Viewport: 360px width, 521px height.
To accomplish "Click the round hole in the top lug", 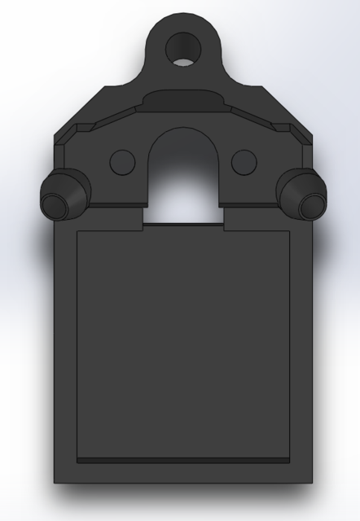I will coord(182,48).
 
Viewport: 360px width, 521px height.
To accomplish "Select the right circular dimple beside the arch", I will coord(243,161).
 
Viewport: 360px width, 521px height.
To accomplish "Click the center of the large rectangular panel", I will coord(183,342).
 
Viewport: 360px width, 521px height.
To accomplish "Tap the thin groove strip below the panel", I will coord(183,461).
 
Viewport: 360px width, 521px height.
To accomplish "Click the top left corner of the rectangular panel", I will coord(77,232).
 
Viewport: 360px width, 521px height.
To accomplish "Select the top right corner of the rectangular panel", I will coord(290,232).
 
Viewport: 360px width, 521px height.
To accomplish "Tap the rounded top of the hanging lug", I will coord(182,18).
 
